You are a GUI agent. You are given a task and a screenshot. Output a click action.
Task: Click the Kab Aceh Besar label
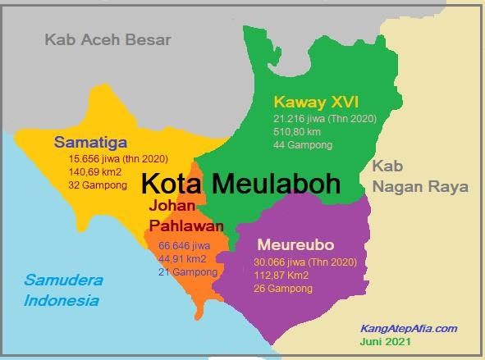click(x=108, y=39)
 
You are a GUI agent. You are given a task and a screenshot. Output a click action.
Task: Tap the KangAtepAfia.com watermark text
click(x=408, y=328)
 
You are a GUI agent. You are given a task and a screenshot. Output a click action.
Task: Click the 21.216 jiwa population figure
click(x=324, y=119)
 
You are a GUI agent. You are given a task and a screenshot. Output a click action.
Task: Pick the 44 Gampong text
click(x=303, y=145)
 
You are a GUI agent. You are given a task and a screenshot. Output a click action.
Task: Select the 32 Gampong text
click(x=98, y=185)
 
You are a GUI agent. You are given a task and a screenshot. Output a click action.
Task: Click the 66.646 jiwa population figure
click(x=185, y=245)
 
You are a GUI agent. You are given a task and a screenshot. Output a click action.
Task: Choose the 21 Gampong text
click(x=188, y=271)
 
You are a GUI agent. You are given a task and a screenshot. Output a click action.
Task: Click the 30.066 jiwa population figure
click(x=305, y=262)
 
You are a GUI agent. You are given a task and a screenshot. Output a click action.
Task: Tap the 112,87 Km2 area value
click(x=281, y=276)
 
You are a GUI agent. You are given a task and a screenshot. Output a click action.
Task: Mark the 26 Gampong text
click(x=282, y=289)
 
